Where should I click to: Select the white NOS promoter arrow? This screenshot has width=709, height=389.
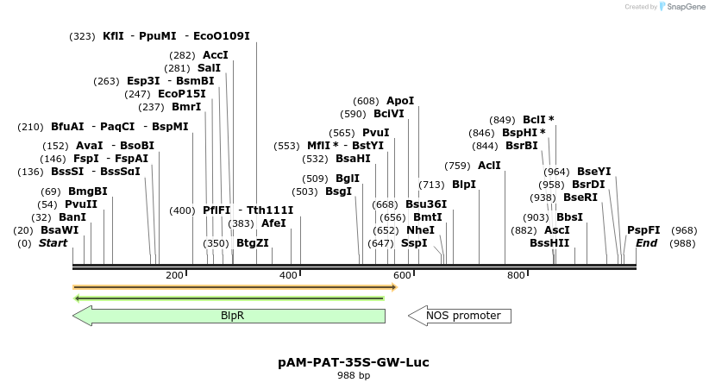pyautogui.click(x=460, y=316)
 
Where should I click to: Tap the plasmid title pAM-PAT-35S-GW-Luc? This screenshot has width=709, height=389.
pyautogui.click(x=354, y=362)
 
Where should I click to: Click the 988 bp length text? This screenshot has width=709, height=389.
pyautogui.click(x=354, y=375)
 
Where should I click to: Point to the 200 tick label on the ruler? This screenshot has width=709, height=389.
pyautogui.click(x=174, y=275)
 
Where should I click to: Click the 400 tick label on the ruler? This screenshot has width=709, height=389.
pyautogui.click(x=289, y=275)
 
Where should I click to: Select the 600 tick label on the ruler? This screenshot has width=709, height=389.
pyautogui.click(x=402, y=275)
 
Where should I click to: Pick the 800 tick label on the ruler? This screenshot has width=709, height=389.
pyautogui.click(x=516, y=275)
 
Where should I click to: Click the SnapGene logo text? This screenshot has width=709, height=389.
pyautogui.click(x=682, y=7)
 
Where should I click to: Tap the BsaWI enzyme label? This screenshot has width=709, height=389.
pyautogui.click(x=60, y=230)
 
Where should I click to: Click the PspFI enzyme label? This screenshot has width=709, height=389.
pyautogui.click(x=643, y=230)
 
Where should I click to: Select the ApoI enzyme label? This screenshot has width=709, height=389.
pyautogui.click(x=400, y=101)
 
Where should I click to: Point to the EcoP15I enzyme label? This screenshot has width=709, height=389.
pyautogui.click(x=182, y=94)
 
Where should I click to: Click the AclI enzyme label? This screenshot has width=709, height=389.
pyautogui.click(x=489, y=166)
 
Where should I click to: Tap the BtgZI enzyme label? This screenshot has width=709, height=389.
pyautogui.click(x=253, y=243)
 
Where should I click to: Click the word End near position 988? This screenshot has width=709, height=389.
pyautogui.click(x=646, y=243)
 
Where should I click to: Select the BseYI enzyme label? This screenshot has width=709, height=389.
pyautogui.click(x=593, y=172)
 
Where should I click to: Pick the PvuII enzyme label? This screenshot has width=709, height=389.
pyautogui.click(x=81, y=204)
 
